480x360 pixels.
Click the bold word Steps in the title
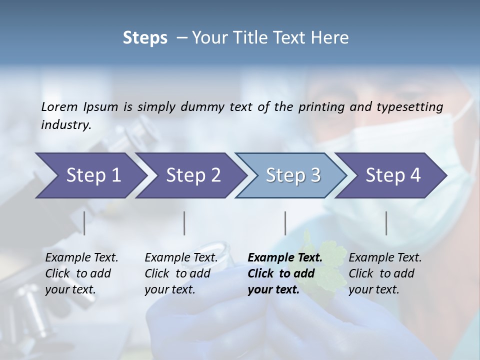[x=145, y=38]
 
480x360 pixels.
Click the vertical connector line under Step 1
[x=84, y=223]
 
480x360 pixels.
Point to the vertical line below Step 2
[x=184, y=223]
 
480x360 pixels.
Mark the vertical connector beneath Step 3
[x=285, y=223]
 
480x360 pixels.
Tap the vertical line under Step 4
[x=386, y=223]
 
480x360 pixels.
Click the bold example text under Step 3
[x=284, y=273]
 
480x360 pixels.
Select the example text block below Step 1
[x=81, y=273]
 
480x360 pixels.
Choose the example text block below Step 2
[x=181, y=273]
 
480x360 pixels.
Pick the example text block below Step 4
[x=385, y=273]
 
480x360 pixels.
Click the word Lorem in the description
[x=60, y=107]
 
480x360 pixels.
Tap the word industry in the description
[x=66, y=125]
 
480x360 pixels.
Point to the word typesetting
[x=414, y=107]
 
